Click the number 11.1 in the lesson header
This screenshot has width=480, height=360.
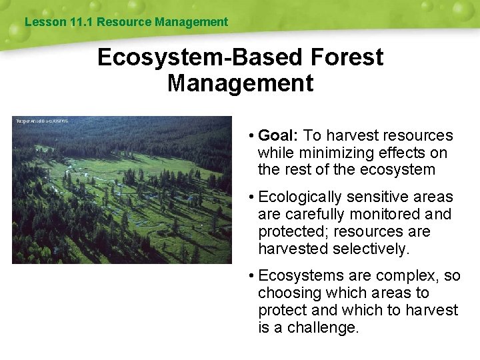(81, 22)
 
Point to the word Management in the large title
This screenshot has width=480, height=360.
(240, 83)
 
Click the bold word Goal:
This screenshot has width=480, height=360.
(278, 135)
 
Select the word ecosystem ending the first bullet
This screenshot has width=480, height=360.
(397, 170)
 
